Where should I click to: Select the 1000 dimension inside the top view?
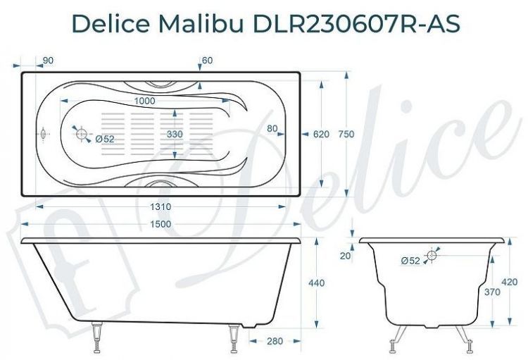144,101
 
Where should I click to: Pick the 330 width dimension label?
176,133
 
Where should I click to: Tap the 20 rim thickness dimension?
345,256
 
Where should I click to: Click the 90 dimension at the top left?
49,61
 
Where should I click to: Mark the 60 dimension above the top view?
206,61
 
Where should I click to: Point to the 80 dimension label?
272,128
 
